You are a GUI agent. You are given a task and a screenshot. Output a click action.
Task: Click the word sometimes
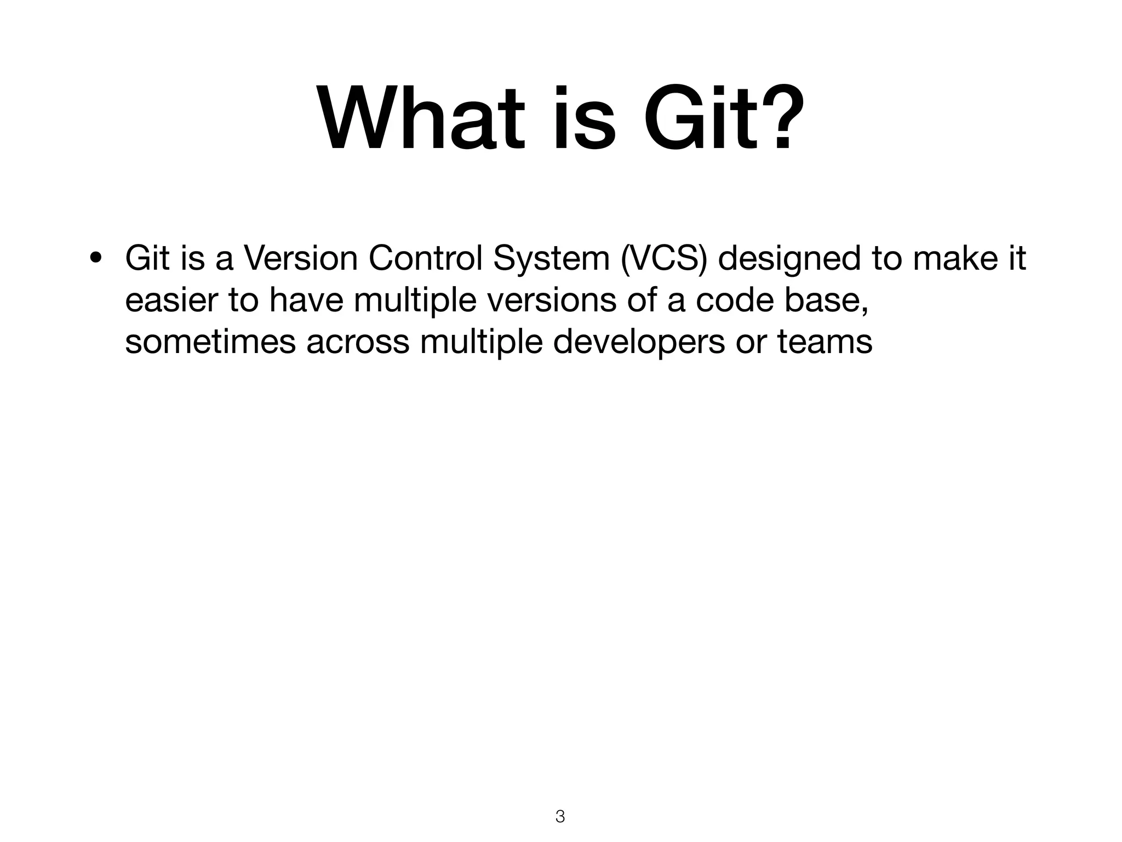point(210,342)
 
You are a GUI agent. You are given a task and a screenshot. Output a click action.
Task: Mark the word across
point(357,342)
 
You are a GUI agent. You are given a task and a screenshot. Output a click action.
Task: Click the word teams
point(825,342)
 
